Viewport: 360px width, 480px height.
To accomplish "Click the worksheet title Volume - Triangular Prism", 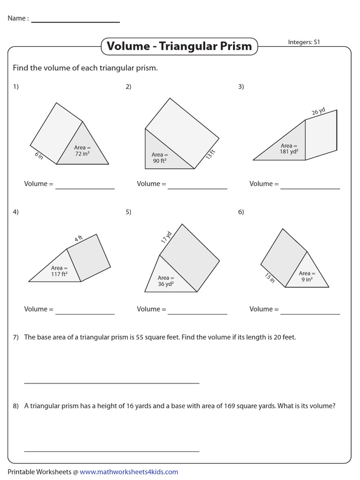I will pyautogui.click(x=179, y=46).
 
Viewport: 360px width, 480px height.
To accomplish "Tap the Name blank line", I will pyautogui.click(x=75, y=22).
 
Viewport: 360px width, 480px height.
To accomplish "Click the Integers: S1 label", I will pyautogui.click(x=304, y=42).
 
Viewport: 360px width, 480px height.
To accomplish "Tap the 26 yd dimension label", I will pyautogui.click(x=318, y=111).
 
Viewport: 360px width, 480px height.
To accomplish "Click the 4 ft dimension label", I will pyautogui.click(x=79, y=239).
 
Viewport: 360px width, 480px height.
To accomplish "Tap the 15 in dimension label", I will pyautogui.click(x=270, y=277).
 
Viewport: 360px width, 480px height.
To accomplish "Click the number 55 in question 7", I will pyautogui.click(x=140, y=337).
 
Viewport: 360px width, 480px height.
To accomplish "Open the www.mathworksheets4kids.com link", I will pyautogui.click(x=129, y=472).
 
